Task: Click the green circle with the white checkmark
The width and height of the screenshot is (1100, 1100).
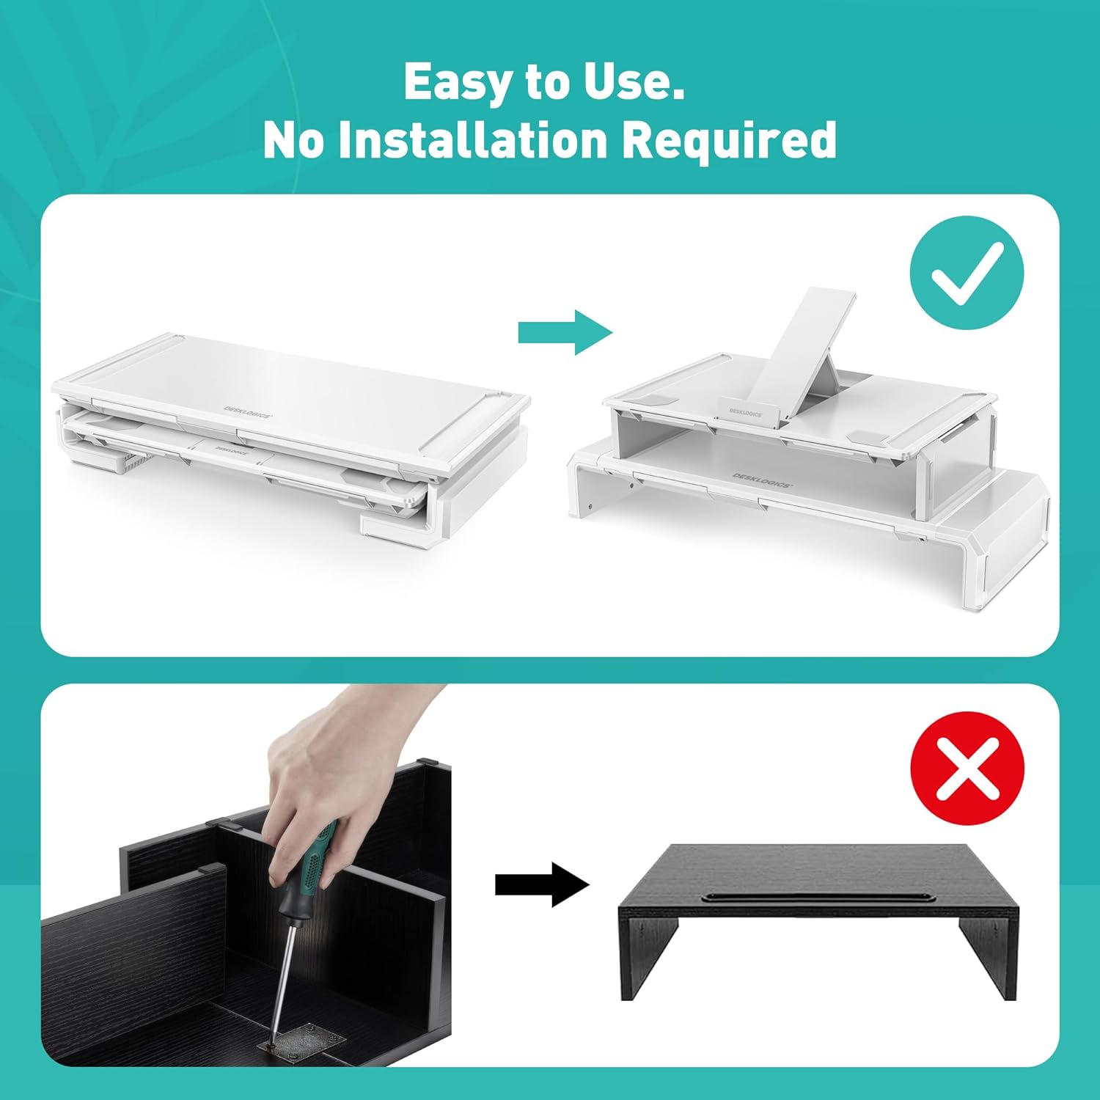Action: pyautogui.click(x=967, y=273)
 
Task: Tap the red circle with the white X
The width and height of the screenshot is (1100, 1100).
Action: pyautogui.click(x=967, y=768)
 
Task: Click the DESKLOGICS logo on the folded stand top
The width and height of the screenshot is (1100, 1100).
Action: pyautogui.click(x=248, y=412)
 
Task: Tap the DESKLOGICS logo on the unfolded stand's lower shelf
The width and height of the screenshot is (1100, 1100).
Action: pyautogui.click(x=763, y=480)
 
